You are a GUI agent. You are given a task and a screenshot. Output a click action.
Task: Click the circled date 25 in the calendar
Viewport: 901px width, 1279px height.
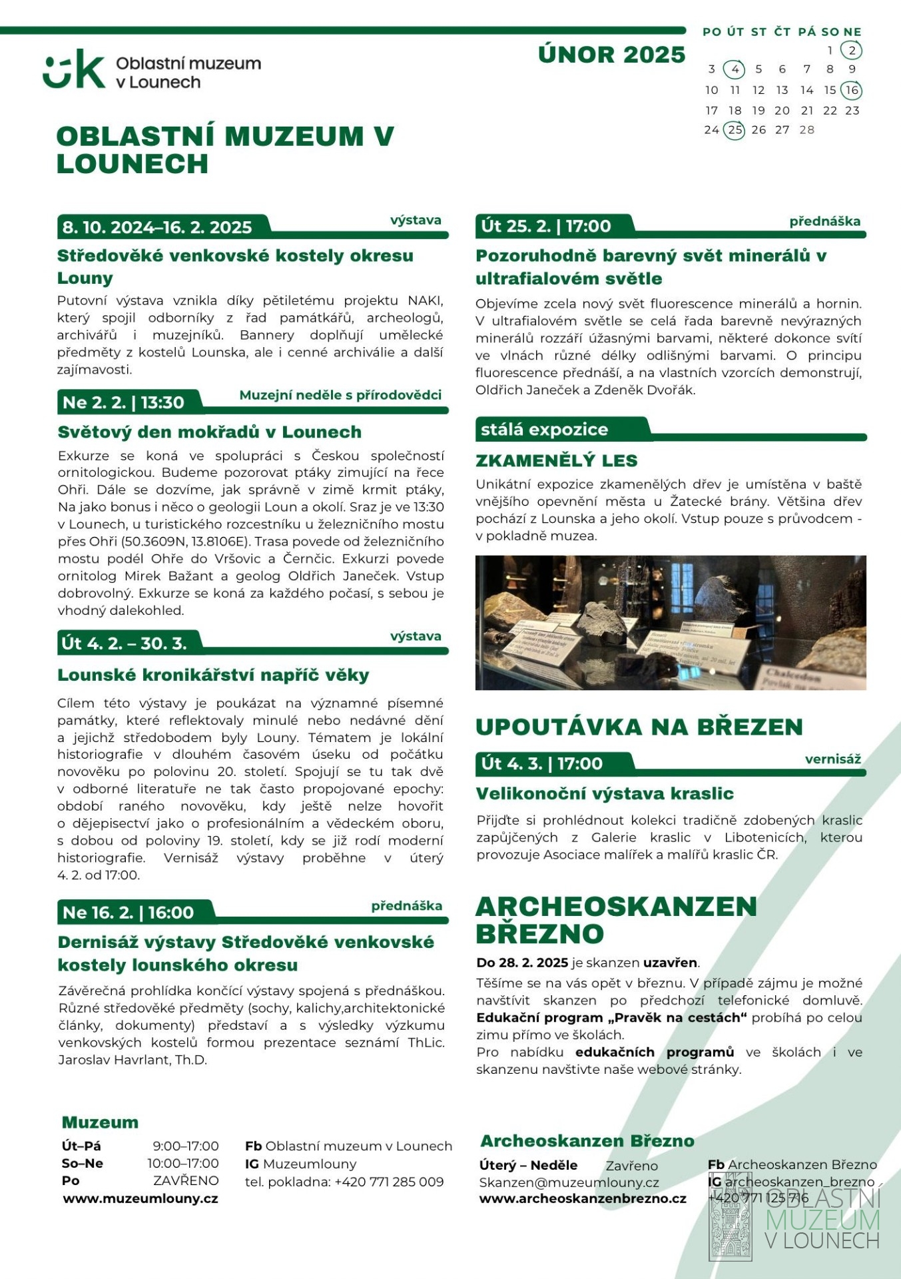click(x=735, y=130)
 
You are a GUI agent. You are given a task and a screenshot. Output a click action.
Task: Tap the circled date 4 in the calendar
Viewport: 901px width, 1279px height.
click(x=735, y=69)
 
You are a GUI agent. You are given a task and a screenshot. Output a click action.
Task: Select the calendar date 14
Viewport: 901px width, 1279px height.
click(x=806, y=90)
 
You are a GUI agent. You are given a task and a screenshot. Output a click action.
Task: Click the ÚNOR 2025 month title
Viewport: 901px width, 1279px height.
click(x=611, y=55)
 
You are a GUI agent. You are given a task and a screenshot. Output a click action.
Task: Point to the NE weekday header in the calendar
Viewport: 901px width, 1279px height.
click(x=852, y=32)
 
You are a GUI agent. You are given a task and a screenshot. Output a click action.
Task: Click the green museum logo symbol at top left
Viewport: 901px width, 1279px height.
click(x=74, y=69)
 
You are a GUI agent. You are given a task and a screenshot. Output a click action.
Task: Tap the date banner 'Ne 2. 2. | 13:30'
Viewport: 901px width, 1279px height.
click(x=124, y=402)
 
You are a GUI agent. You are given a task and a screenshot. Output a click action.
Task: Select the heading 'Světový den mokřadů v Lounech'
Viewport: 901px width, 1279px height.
click(x=210, y=432)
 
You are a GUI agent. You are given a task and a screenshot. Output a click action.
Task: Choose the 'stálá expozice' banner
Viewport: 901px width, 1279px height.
click(x=545, y=430)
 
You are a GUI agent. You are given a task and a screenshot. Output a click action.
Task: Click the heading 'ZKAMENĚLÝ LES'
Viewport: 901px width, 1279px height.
click(x=557, y=460)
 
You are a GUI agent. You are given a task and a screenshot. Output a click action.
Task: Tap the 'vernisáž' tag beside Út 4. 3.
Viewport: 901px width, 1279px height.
click(x=832, y=759)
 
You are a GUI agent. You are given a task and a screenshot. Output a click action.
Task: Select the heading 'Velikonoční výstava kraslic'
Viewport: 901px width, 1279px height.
click(x=605, y=793)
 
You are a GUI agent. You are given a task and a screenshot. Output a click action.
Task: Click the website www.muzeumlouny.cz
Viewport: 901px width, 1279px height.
click(x=141, y=1198)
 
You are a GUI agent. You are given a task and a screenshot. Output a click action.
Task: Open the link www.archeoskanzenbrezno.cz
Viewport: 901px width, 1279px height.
click(x=583, y=1198)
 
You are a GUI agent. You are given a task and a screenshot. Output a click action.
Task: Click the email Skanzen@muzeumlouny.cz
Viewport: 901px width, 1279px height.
click(x=569, y=1182)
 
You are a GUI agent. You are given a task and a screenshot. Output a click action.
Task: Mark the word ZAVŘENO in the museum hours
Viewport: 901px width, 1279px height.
click(x=186, y=1180)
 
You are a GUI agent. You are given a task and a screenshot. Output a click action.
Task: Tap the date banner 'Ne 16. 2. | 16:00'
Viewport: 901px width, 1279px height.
click(x=129, y=912)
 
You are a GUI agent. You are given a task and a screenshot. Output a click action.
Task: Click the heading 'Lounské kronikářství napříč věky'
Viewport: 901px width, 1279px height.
click(x=213, y=675)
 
